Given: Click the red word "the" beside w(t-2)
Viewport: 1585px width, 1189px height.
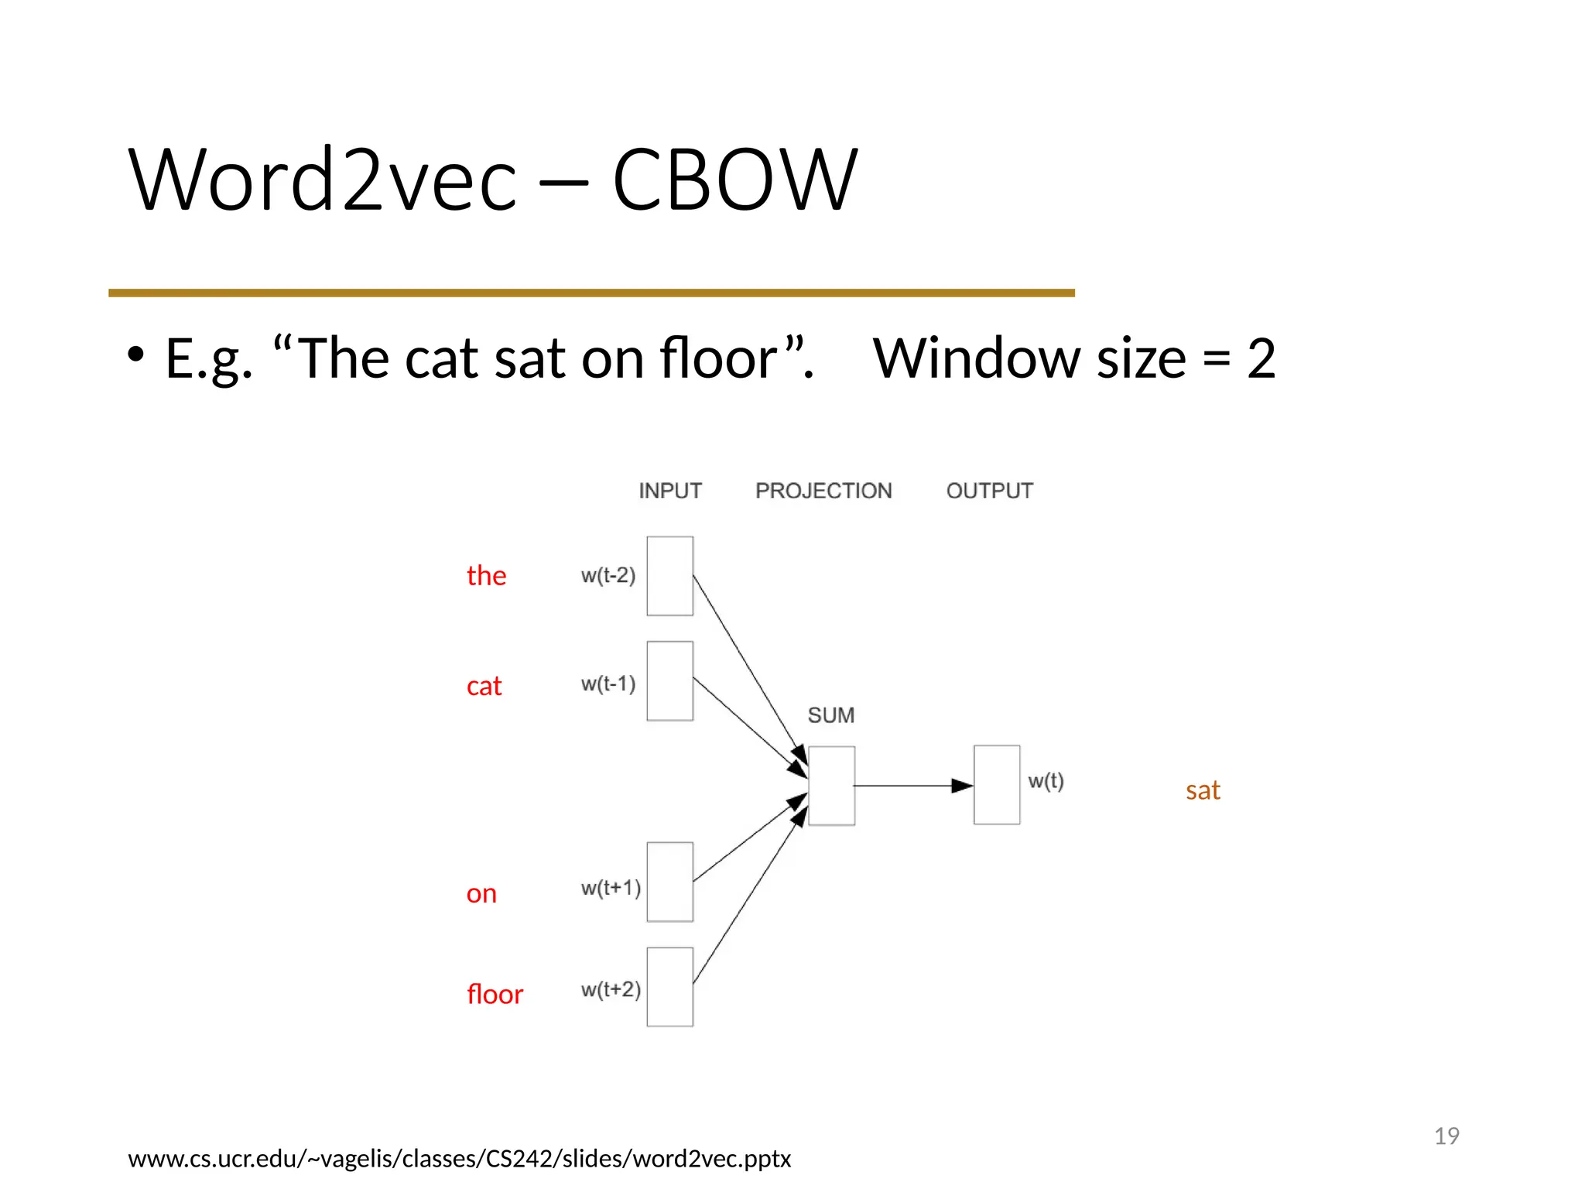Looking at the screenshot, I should pyautogui.click(x=486, y=576).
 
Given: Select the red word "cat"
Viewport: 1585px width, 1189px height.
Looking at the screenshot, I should pyautogui.click(x=484, y=687).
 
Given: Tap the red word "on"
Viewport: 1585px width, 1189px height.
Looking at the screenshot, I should pyautogui.click(x=481, y=894).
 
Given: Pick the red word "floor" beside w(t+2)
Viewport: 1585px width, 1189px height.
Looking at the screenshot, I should pyautogui.click(x=495, y=995).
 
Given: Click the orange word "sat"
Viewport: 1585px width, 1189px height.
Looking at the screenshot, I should pyautogui.click(x=1203, y=790).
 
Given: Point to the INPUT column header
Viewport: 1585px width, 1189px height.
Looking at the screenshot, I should pyautogui.click(x=670, y=491).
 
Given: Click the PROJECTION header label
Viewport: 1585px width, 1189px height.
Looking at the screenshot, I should pyautogui.click(x=823, y=491).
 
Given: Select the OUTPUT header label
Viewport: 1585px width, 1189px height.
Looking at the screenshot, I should pyautogui.click(x=989, y=491).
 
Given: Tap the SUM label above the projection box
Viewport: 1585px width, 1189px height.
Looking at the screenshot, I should pyautogui.click(x=831, y=715).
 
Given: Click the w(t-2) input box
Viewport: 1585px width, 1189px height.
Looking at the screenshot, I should pyautogui.click(x=670, y=576).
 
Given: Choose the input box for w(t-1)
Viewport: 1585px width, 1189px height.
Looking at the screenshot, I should pyautogui.click(x=670, y=681).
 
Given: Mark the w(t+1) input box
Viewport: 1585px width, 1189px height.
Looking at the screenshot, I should pyautogui.click(x=670, y=882).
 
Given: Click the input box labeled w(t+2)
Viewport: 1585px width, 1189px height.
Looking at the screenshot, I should pyautogui.click(x=670, y=987).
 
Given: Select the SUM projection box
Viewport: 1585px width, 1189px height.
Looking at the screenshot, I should pyautogui.click(x=831, y=786).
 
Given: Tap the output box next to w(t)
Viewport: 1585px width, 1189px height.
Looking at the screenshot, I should pyautogui.click(x=997, y=785).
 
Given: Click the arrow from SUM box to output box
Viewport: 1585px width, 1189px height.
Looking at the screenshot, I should pyautogui.click(x=913, y=786).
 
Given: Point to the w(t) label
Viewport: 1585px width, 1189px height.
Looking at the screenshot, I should pyautogui.click(x=1046, y=781).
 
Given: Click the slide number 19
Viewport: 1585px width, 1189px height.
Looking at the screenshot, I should pyautogui.click(x=1446, y=1136).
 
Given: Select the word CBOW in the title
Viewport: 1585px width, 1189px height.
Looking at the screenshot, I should pyautogui.click(x=734, y=180).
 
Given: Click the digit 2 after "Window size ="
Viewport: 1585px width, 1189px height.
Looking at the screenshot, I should pyautogui.click(x=1261, y=358).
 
